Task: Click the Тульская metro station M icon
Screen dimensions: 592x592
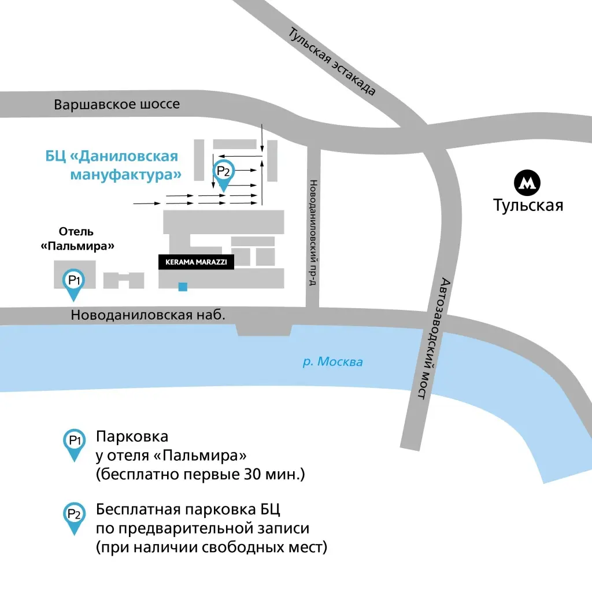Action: (527, 183)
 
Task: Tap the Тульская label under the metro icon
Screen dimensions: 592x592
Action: (528, 205)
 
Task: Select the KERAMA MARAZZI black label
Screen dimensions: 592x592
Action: (196, 262)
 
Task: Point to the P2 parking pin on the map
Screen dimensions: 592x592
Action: (223, 173)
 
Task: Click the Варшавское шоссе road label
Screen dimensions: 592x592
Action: (117, 105)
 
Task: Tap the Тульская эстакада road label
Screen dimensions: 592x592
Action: (332, 61)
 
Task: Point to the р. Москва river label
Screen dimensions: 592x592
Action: (333, 362)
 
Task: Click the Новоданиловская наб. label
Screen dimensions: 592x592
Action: (147, 315)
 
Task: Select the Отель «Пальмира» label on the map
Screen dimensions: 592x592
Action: (77, 239)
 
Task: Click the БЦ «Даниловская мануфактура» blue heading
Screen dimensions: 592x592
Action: (112, 165)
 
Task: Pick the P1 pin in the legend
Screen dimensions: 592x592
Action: (74, 443)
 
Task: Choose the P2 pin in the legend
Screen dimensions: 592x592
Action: (74, 516)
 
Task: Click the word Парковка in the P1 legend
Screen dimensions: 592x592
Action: (132, 436)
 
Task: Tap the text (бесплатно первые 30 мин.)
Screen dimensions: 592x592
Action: (200, 475)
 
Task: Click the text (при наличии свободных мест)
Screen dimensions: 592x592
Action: (212, 547)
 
